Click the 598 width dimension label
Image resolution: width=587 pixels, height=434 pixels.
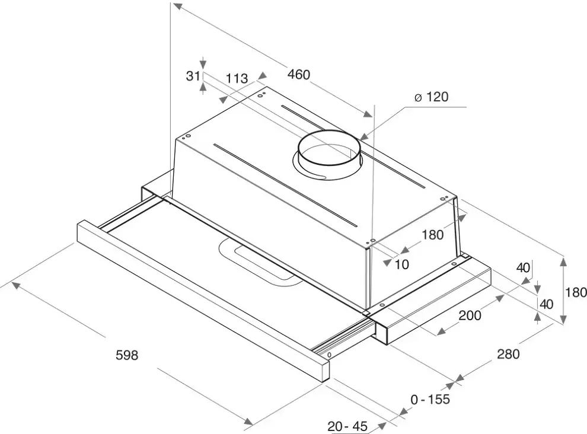pyautogui.click(x=126, y=355)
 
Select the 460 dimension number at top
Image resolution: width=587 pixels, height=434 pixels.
pyautogui.click(x=299, y=75)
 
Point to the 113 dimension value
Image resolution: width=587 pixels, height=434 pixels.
pyautogui.click(x=236, y=78)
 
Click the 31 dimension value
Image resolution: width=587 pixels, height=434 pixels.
pyautogui.click(x=192, y=76)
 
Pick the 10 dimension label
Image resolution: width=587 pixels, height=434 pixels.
pyautogui.click(x=401, y=264)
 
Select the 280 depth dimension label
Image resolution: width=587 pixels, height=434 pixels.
pyautogui.click(x=508, y=355)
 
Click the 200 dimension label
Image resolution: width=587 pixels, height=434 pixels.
pyautogui.click(x=470, y=315)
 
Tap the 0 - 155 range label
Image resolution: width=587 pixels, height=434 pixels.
pyautogui.click(x=430, y=400)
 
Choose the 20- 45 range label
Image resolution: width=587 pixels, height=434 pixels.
pyautogui.click(x=347, y=426)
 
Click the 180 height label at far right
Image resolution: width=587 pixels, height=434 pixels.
pyautogui.click(x=576, y=292)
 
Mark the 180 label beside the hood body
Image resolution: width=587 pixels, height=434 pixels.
pyautogui.click(x=432, y=235)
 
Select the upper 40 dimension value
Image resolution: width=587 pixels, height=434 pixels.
pyautogui.click(x=522, y=268)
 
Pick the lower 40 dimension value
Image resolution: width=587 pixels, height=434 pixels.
pyautogui.click(x=546, y=304)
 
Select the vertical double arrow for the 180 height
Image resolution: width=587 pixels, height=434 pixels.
pyautogui.click(x=563, y=291)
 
